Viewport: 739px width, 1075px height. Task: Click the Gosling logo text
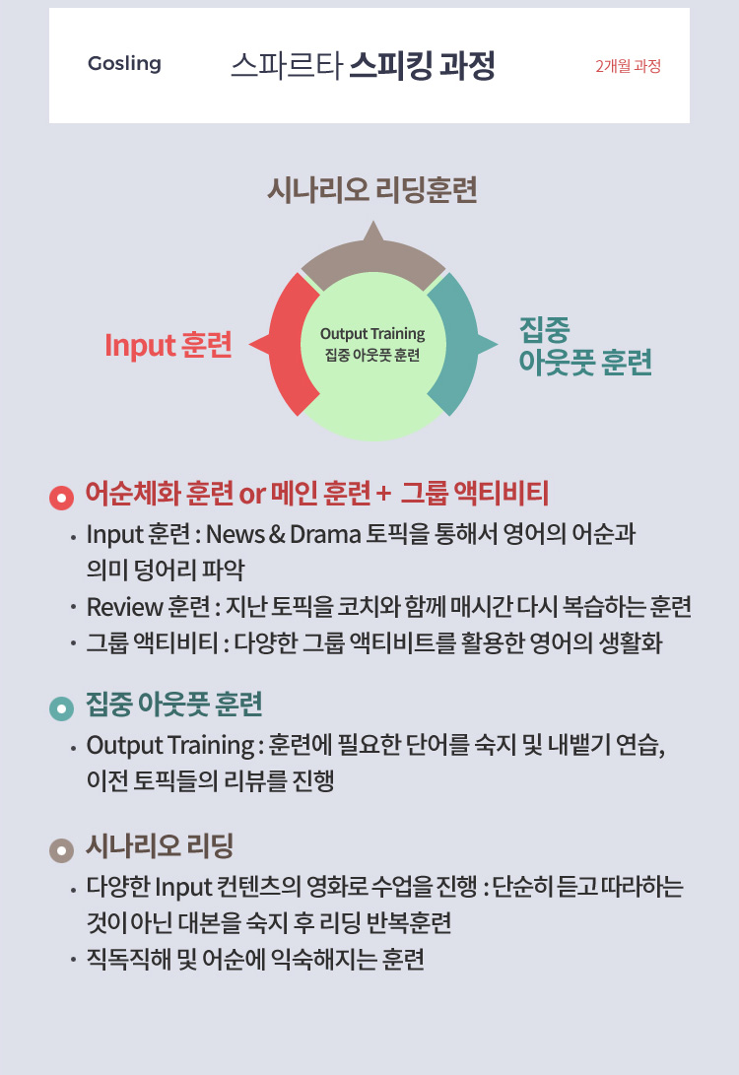[124, 64]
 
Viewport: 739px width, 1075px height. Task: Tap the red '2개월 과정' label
[628, 67]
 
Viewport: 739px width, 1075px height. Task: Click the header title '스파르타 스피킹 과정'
[363, 65]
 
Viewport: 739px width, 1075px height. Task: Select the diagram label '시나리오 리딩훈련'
[372, 190]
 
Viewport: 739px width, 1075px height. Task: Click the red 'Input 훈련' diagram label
[168, 346]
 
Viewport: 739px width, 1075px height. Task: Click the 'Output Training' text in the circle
[372, 334]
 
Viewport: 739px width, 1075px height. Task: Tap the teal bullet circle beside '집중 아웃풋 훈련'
[61, 707]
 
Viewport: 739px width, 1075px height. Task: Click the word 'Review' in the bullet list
[118, 605]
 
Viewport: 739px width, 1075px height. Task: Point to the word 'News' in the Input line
[235, 535]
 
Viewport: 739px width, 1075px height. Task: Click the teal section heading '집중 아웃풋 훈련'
[174, 705]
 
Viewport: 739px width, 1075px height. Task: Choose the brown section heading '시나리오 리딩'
[160, 845]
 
